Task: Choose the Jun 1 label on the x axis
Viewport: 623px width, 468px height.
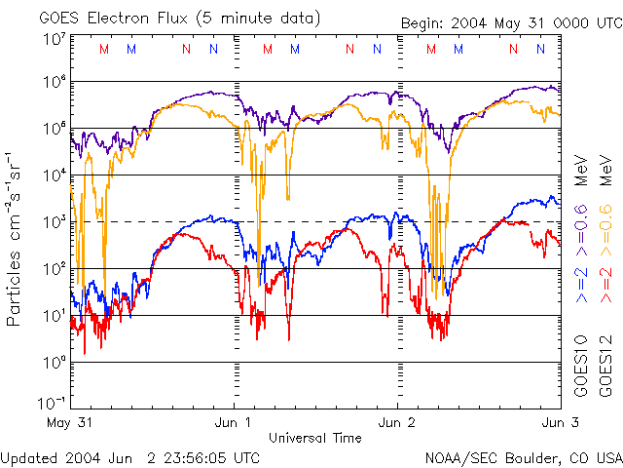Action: pos(234,423)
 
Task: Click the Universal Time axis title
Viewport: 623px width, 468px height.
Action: pos(315,438)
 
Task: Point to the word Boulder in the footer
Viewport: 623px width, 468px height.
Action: pos(522,456)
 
